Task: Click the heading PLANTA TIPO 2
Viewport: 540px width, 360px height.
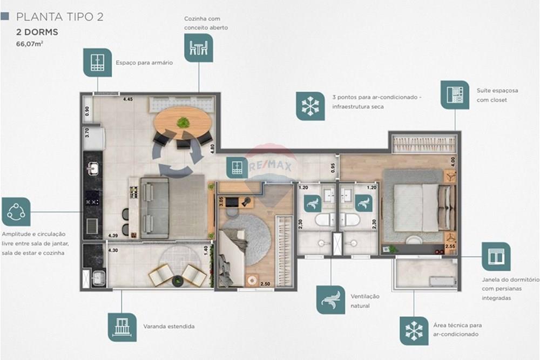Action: pyautogui.click(x=59, y=17)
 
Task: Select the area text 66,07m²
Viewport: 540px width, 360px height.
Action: pyautogui.click(x=30, y=44)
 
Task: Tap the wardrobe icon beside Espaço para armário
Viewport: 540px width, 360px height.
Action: pyautogui.click(x=97, y=62)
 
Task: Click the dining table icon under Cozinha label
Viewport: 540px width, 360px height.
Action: pyautogui.click(x=198, y=47)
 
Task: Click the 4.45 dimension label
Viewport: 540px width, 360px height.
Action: pyautogui.click(x=128, y=99)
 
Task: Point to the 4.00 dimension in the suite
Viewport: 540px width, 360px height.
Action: pyautogui.click(x=454, y=160)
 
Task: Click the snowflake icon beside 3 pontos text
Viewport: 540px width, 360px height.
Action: pyautogui.click(x=310, y=106)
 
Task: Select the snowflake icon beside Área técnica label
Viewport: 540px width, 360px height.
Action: pyautogui.click(x=414, y=330)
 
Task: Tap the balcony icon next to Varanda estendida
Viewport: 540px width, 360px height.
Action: pyautogui.click(x=122, y=327)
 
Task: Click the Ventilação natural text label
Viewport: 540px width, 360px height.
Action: pyautogui.click(x=365, y=301)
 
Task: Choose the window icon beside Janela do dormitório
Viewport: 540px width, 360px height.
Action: pyautogui.click(x=496, y=256)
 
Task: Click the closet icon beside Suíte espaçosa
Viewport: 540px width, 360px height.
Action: pyautogui.click(x=455, y=95)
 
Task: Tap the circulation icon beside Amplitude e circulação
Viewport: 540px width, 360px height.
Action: pyautogui.click(x=16, y=212)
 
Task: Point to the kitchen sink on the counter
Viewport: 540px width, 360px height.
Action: pyautogui.click(x=93, y=169)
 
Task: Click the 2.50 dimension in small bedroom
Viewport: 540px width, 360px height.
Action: pyautogui.click(x=265, y=284)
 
